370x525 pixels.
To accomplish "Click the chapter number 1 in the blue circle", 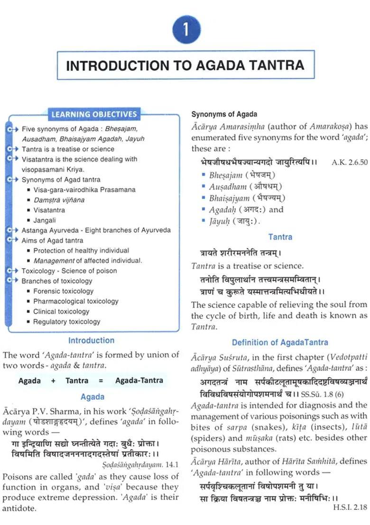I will (186, 30).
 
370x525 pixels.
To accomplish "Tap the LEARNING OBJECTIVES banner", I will (94, 114).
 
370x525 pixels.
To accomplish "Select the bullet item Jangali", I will (45, 220).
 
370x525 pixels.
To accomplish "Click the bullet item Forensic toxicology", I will (63, 291).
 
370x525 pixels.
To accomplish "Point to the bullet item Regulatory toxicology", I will (66, 322).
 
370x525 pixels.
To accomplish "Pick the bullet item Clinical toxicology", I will (61, 312).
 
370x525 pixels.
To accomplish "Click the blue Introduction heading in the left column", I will (91, 341).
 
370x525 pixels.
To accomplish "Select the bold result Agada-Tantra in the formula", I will (139, 380).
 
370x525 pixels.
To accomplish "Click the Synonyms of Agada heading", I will (224, 114).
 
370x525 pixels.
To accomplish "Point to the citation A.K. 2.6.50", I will (350, 162).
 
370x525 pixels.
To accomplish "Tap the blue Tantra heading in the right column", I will (280, 237).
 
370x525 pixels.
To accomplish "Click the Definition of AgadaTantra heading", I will (280, 343).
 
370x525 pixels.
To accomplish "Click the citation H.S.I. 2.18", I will (350, 507).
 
